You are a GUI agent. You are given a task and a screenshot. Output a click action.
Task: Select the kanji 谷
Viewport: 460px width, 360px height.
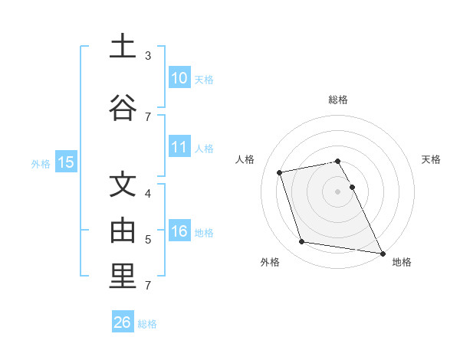pyautogui.click(x=123, y=107)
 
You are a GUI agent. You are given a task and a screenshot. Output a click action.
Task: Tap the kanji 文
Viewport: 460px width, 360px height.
pyautogui.click(x=123, y=185)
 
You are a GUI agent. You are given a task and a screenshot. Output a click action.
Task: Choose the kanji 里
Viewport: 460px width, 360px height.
pyautogui.click(x=123, y=277)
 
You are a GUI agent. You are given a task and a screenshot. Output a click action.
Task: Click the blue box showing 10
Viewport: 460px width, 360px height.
pyautogui.click(x=179, y=78)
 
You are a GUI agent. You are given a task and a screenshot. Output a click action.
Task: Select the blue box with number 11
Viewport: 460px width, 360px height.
pyautogui.click(x=179, y=147)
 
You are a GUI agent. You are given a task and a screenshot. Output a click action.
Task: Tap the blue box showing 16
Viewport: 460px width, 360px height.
pyautogui.click(x=179, y=231)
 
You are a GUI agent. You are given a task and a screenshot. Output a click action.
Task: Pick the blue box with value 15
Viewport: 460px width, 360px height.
pyautogui.click(x=65, y=162)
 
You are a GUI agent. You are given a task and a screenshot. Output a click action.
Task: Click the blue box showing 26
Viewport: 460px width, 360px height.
pyautogui.click(x=123, y=322)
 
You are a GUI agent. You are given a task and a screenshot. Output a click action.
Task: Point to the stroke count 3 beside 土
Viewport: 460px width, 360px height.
pyautogui.click(x=147, y=56)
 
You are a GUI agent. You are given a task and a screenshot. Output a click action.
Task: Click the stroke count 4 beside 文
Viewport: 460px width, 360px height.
pyautogui.click(x=147, y=194)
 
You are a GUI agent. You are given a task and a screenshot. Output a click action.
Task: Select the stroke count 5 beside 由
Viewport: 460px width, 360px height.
pyautogui.click(x=147, y=239)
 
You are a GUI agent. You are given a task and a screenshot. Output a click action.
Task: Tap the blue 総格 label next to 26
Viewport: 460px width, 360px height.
pyautogui.click(x=147, y=324)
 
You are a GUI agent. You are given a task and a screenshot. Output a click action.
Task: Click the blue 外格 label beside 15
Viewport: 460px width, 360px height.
pyautogui.click(x=41, y=163)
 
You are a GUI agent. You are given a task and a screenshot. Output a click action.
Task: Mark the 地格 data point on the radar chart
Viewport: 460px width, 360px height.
pyautogui.click(x=381, y=253)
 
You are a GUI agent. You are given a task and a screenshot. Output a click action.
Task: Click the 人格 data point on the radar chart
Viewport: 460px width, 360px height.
pyautogui.click(x=280, y=172)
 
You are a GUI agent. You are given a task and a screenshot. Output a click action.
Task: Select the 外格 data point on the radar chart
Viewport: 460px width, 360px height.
pyautogui.click(x=302, y=242)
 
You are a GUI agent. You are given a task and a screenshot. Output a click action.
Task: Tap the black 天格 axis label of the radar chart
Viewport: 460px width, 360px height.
pyautogui.click(x=432, y=159)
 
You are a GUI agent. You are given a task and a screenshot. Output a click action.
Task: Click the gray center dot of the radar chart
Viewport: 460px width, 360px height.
pyautogui.click(x=337, y=191)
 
